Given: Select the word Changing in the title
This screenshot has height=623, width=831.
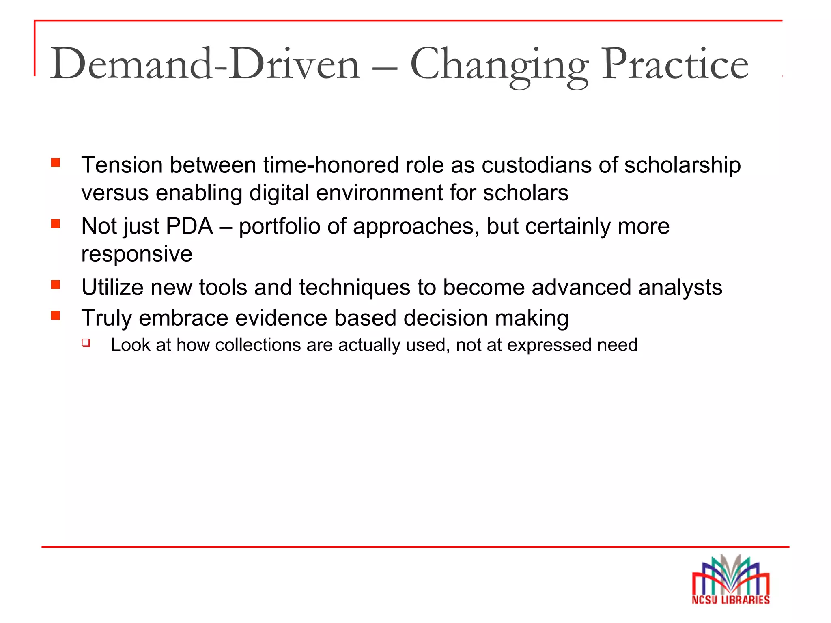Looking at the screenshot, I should click(499, 65).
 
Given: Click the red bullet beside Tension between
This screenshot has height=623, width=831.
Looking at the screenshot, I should click(56, 163).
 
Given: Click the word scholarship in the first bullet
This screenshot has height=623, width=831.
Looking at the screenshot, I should click(682, 165).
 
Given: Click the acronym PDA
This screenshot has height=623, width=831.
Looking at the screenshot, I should click(189, 226).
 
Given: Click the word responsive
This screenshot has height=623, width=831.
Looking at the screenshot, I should click(137, 255).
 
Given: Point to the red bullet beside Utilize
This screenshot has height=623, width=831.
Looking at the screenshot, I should click(56, 285).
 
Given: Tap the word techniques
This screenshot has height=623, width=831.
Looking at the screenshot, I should click(355, 288).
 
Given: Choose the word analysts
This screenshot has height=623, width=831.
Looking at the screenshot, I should click(680, 288).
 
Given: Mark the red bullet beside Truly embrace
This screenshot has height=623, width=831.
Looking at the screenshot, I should click(56, 316).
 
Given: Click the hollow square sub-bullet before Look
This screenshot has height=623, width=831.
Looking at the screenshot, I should click(86, 343).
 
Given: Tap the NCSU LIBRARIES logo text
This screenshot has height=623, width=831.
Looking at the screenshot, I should click(730, 600).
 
